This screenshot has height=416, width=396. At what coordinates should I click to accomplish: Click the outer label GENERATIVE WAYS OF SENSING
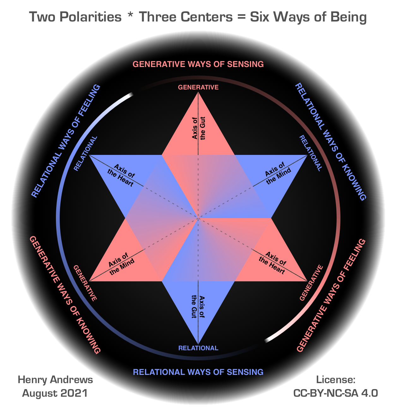[x=198, y=64]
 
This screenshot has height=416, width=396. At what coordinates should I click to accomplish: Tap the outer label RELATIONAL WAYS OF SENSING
[x=198, y=372]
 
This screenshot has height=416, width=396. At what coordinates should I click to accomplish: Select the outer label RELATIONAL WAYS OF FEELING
[x=66, y=141]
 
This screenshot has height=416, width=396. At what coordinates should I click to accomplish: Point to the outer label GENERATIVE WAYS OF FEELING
[x=331, y=296]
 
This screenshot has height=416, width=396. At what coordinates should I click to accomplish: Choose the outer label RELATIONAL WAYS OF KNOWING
[x=331, y=142]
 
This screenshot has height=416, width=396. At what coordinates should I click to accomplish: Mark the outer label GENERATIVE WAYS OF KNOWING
[x=65, y=295]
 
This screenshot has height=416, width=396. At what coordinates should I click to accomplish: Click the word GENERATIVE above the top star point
[x=198, y=87]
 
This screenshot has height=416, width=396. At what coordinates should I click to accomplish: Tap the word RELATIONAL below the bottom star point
[x=198, y=348]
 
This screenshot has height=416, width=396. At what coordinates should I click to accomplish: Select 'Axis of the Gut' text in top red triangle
[x=199, y=128]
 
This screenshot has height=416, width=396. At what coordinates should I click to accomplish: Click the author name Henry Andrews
[x=55, y=380]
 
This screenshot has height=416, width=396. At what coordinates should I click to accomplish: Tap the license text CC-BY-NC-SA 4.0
[x=336, y=393]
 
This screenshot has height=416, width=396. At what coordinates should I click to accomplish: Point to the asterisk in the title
[x=130, y=15]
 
